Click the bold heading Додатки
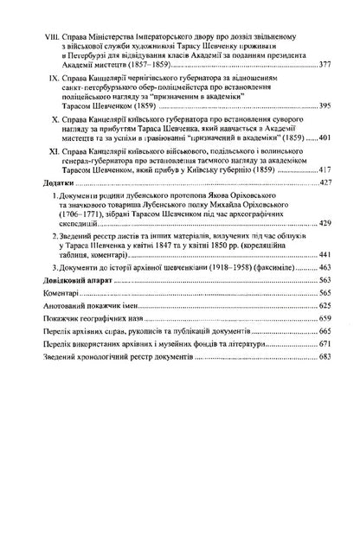(x=48, y=183)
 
